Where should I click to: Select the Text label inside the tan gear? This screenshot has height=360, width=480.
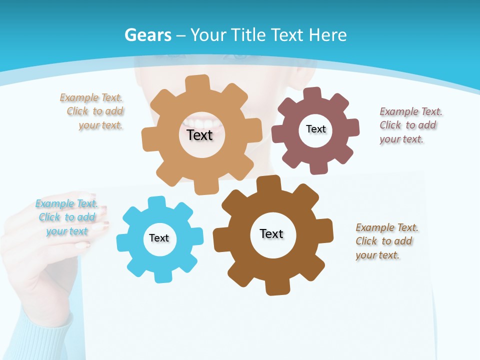pyautogui.click(x=199, y=135)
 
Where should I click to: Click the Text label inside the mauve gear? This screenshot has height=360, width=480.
pyautogui.click(x=315, y=129)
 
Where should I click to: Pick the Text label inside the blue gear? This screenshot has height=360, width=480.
pyautogui.click(x=159, y=238)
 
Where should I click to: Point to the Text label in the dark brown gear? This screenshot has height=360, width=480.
pyautogui.click(x=271, y=233)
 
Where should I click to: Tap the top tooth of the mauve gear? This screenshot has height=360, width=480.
pyautogui.click(x=312, y=93)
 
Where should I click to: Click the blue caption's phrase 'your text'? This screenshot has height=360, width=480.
pyautogui.click(x=66, y=231)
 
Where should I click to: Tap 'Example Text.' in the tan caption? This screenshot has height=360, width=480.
pyautogui.click(x=91, y=97)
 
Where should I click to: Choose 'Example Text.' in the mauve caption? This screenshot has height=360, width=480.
pyautogui.click(x=411, y=111)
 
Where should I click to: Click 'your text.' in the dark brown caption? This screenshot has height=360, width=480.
pyautogui.click(x=377, y=255)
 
